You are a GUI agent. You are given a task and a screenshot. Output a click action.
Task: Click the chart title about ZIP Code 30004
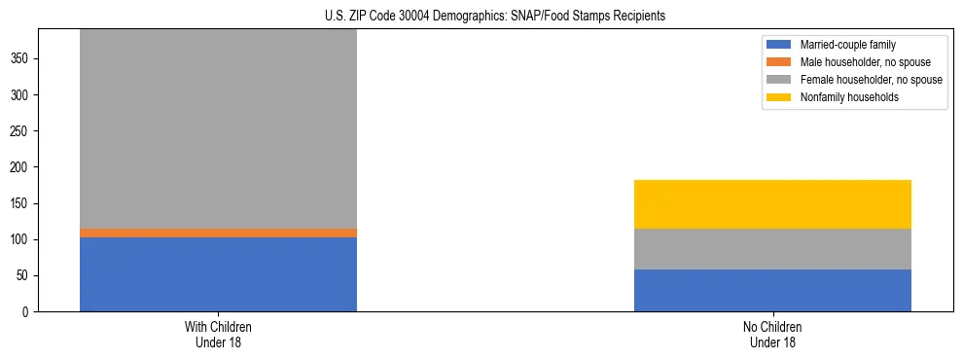point(495,17)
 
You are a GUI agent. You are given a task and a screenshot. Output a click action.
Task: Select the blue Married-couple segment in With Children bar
point(218,274)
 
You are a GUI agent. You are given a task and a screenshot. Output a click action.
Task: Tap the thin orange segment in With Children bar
point(218,233)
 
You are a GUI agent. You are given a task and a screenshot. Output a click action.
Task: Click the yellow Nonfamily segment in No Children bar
point(772,204)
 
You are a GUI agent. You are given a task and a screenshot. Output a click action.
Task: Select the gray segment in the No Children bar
point(772,249)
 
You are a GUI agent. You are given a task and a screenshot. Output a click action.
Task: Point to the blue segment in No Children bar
point(772,291)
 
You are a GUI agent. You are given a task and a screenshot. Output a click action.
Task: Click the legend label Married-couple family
point(846,45)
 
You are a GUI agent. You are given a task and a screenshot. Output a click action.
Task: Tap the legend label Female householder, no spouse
point(871,80)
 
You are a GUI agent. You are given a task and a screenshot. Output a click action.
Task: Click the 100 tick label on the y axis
point(21,240)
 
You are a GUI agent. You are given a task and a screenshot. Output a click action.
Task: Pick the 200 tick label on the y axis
point(21,167)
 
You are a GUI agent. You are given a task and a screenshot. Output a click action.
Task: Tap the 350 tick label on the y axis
point(21,59)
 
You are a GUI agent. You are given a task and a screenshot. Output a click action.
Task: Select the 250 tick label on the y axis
point(21,131)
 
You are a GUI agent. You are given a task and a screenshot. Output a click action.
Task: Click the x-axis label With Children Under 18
point(218,335)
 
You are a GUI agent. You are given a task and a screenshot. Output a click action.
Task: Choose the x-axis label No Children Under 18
point(772,335)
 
